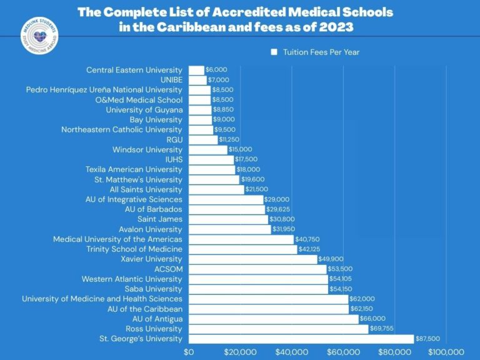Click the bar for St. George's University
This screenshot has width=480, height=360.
(301, 339)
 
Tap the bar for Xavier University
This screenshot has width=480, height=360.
(252, 259)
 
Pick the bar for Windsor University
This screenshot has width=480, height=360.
(208, 149)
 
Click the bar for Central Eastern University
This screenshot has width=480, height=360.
(196, 70)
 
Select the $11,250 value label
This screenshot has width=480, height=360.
(229, 139)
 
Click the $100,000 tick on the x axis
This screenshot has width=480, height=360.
(446, 352)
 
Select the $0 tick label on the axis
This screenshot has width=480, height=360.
(189, 352)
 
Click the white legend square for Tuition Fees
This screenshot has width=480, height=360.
(274, 52)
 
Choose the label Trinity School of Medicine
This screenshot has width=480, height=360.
(134, 249)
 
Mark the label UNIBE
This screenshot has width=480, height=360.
(171, 80)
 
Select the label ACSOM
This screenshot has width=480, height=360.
(169, 269)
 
